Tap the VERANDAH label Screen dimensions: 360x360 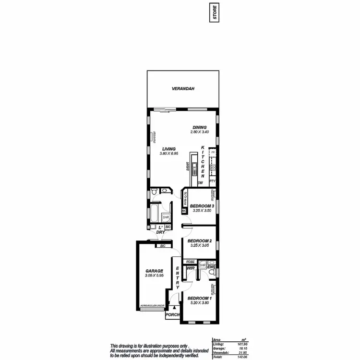coord(182,89)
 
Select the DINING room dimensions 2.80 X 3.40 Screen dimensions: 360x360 coord(200,132)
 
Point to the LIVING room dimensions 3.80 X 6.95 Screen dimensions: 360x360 coord(168,154)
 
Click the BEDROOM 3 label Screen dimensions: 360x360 coord(199,206)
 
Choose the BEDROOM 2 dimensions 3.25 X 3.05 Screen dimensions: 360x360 coord(199,246)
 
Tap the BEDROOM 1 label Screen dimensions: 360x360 coord(199,298)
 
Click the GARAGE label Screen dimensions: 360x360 coord(154,271)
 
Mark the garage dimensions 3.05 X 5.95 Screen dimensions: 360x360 coord(154,276)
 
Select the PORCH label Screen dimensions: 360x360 coord(172,315)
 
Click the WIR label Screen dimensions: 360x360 coord(190,268)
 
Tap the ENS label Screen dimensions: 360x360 coord(212,267)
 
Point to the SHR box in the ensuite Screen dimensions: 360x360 coord(202,265)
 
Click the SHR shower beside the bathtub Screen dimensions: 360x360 coord(165,217)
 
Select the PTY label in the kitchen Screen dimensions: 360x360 coord(213,181)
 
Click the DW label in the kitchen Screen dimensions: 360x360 coord(200,183)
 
